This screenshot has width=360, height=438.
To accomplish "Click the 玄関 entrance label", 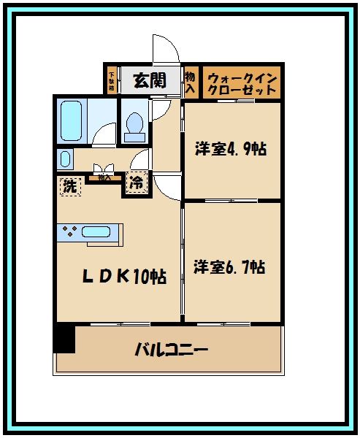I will click(x=149, y=80).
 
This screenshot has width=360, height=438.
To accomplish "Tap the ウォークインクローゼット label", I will click(x=241, y=83).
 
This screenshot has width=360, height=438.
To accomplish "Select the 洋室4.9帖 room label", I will click(x=230, y=150).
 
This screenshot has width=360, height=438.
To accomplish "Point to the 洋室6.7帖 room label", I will click(x=229, y=267).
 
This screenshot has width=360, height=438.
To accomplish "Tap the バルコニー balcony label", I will click(x=171, y=349).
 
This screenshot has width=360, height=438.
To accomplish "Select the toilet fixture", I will click(x=134, y=126).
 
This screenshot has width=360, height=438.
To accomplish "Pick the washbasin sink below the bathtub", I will click(x=65, y=159).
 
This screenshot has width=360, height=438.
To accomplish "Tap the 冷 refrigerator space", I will click(x=137, y=183).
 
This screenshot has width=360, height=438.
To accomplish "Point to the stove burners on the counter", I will click(x=70, y=233).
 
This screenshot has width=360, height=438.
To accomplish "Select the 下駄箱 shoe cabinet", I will click(x=112, y=80).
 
